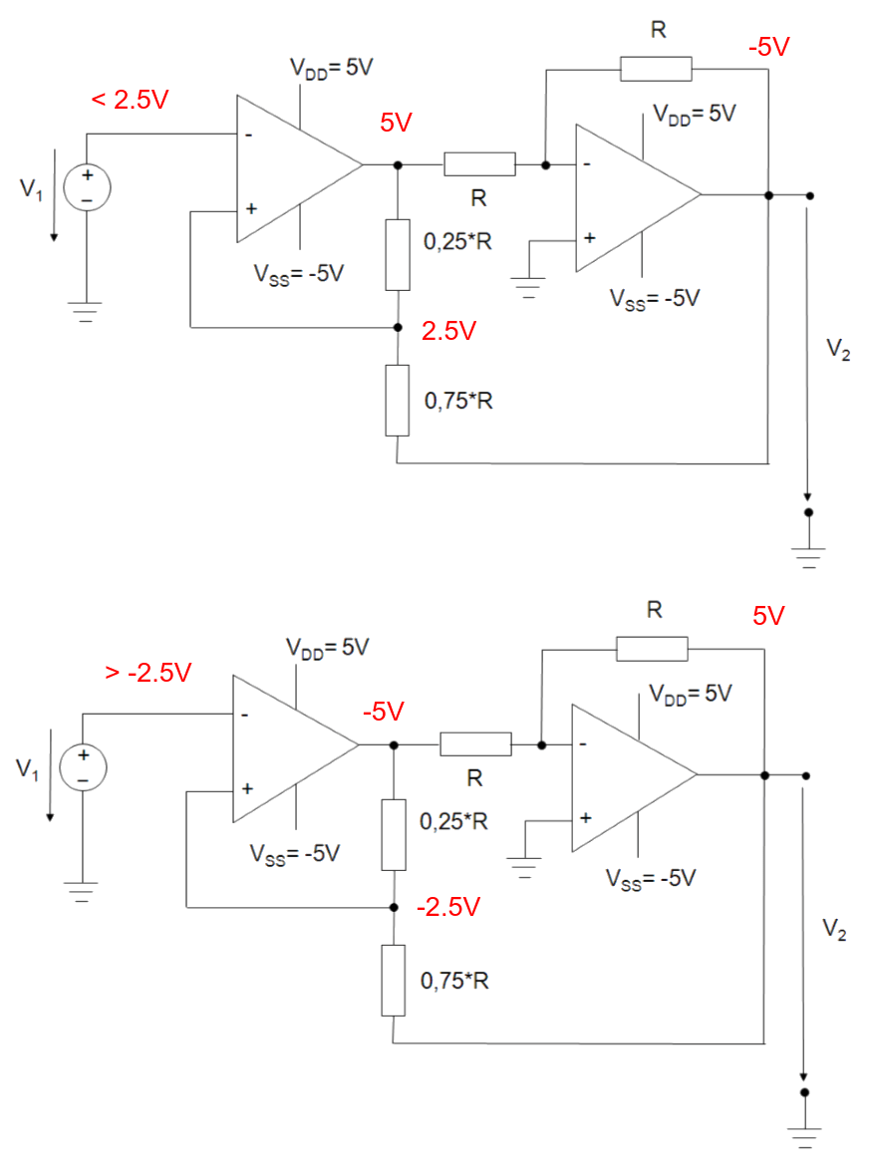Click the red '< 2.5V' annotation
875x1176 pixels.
131,101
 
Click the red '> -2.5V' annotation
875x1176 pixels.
147,673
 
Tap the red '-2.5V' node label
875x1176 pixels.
448,907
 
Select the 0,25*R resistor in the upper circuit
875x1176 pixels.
398,254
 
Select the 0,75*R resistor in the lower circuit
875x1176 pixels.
394,981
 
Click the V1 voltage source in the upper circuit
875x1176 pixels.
86,187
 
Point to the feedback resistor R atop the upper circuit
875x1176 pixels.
656,69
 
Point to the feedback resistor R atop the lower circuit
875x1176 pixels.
652,649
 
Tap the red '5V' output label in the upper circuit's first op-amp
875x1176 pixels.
396,124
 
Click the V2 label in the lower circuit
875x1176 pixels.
836,930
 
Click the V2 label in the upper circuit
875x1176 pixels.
839,351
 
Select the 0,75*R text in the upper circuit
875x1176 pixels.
458,401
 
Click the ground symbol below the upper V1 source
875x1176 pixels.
86,312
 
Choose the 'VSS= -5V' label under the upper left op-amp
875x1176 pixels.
298,273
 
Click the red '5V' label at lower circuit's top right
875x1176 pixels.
768,617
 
